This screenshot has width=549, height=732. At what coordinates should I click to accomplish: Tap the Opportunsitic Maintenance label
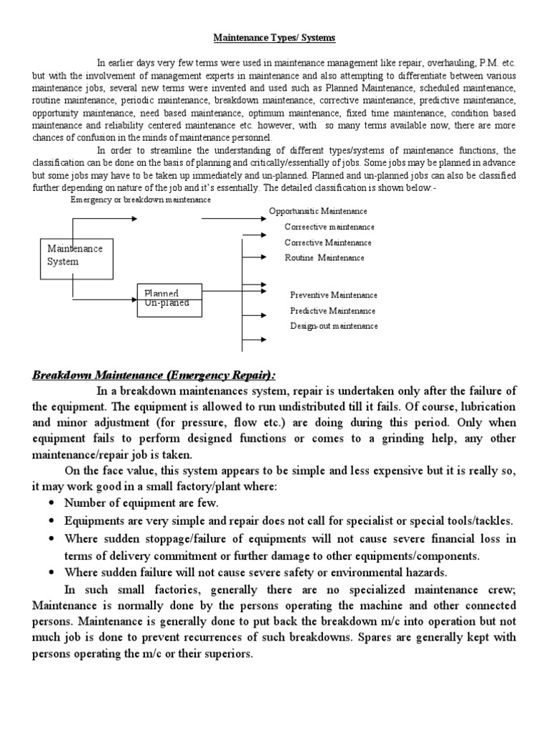318,212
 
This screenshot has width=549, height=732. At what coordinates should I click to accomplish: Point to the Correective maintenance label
329,227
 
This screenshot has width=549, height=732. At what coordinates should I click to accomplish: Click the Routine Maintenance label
324,258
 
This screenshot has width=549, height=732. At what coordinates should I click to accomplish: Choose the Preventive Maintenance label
333,295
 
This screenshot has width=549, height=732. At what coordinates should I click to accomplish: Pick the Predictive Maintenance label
332,311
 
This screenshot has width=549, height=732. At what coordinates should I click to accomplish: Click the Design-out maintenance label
334,326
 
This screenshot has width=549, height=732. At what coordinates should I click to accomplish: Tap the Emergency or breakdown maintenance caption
141,200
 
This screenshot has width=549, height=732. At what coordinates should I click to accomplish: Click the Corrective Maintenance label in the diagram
327,243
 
